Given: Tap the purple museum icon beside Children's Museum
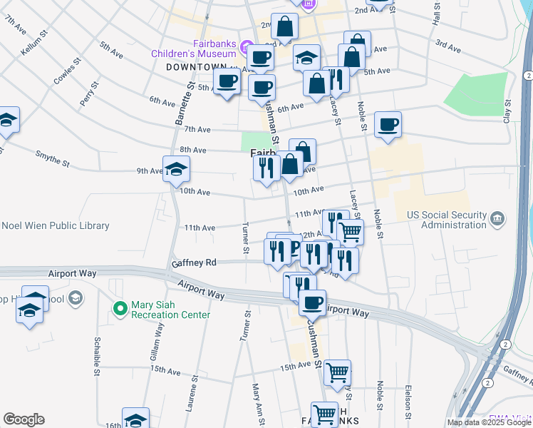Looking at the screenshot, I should click(245, 48).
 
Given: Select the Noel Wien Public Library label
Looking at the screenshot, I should click(56, 226).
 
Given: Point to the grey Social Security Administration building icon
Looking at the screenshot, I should click(497, 217).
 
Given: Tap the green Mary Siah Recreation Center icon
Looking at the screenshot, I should click(120, 309).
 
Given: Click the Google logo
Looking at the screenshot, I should click(24, 419).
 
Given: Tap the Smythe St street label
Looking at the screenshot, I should click(53, 158).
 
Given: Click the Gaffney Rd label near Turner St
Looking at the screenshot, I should click(192, 263).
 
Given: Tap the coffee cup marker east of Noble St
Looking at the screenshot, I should click(388, 125).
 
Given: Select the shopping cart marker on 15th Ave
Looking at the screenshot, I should click(337, 372).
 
